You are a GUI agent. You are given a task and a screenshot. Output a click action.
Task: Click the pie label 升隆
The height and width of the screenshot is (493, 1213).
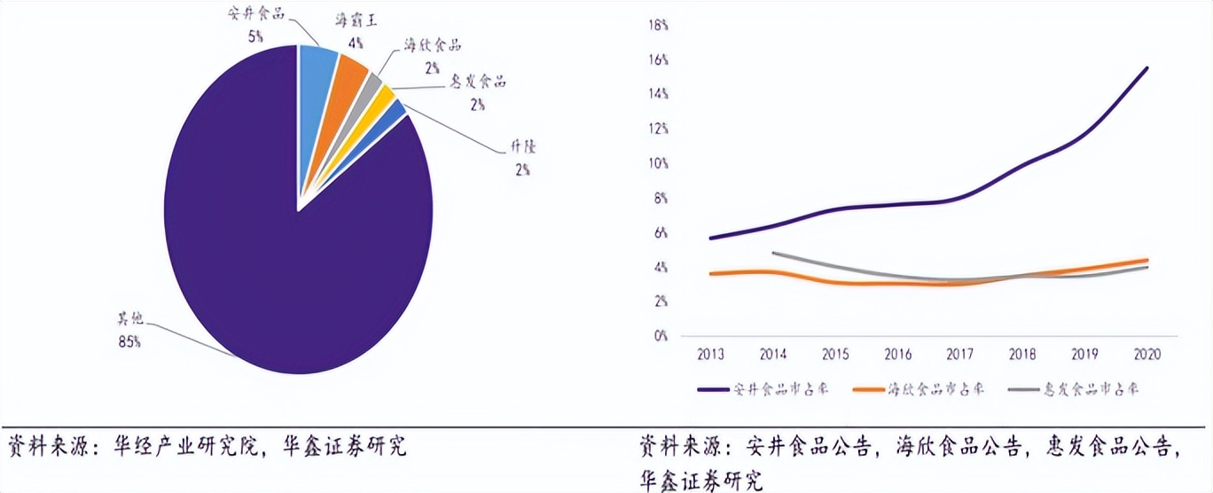pos(522,147)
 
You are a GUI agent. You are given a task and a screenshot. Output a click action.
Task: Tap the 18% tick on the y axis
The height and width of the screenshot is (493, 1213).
pos(659,25)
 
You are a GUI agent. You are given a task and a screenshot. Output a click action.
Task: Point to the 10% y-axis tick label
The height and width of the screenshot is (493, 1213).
pos(659,163)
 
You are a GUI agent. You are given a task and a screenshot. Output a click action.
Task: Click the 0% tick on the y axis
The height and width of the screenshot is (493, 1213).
pos(661,336)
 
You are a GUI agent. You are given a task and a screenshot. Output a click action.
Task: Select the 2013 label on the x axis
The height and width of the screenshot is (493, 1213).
pos(710,354)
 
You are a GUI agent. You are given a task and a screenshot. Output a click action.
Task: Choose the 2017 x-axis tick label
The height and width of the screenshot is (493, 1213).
pos(960,354)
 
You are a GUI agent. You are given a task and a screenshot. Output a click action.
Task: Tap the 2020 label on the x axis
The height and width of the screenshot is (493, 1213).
pos(1147,354)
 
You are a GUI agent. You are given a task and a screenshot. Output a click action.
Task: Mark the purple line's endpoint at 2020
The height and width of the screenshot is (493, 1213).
pos(1147,67)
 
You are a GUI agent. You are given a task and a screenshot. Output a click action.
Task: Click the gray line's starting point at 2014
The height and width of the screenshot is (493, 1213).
pos(773,253)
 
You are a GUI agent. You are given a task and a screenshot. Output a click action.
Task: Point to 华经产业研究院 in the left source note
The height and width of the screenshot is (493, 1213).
pos(185,445)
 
